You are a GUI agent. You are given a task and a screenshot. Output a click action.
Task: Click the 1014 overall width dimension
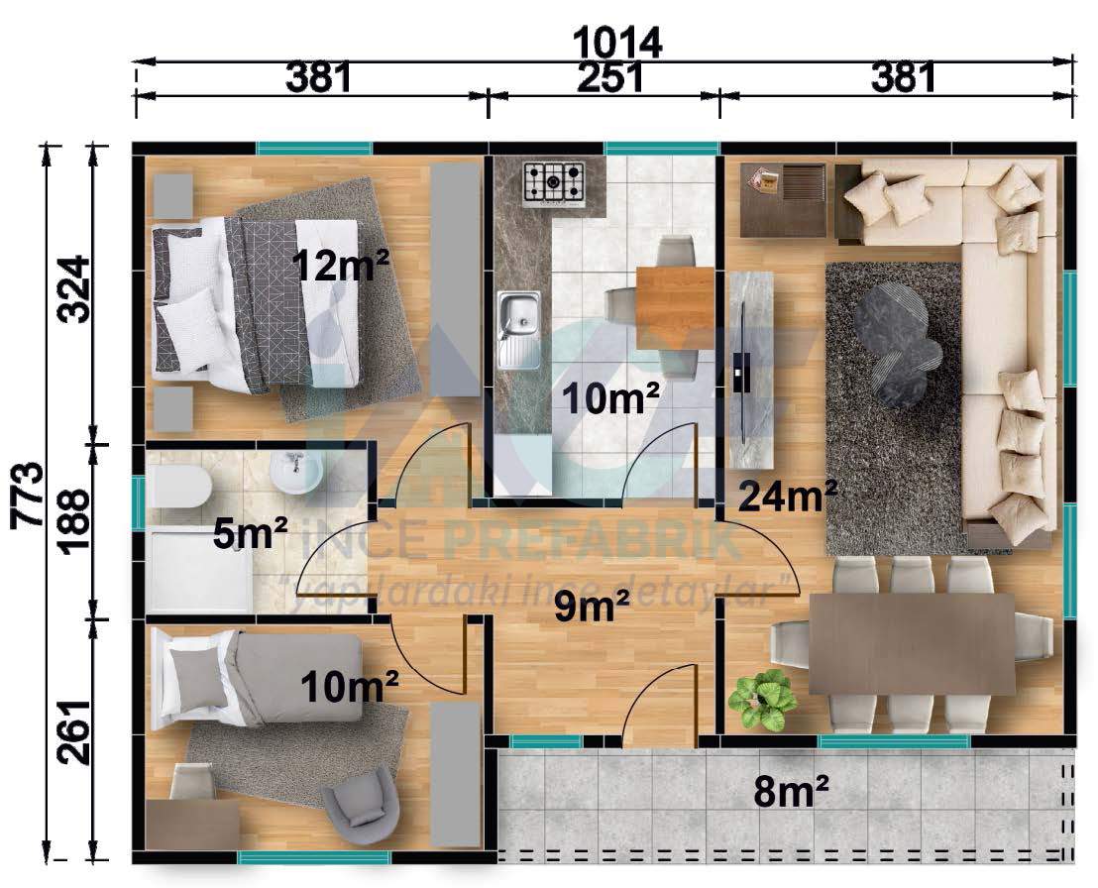tap(617, 43)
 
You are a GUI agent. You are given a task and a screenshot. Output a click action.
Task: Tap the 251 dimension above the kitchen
tap(609, 77)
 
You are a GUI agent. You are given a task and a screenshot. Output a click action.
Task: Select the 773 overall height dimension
tap(28, 495)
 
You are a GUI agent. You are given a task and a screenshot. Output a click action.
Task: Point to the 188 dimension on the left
tap(74, 521)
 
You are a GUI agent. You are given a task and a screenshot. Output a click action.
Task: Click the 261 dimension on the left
tap(74, 731)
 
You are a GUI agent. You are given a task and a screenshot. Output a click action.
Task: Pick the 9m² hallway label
tap(592, 606)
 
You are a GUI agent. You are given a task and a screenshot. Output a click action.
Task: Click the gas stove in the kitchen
tap(554, 184)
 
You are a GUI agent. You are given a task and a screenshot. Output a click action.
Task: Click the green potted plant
tap(762, 699)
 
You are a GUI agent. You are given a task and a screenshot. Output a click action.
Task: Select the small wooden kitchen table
tap(674, 308)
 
